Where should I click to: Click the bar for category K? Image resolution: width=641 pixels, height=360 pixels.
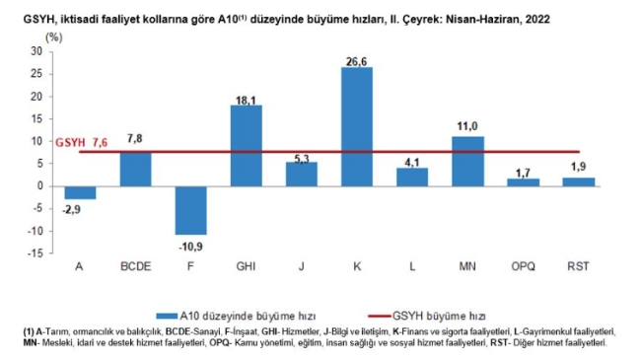click(357, 126)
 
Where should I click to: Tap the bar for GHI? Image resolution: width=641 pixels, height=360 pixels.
click(246, 145)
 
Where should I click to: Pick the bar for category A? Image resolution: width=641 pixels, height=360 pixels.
click(80, 192)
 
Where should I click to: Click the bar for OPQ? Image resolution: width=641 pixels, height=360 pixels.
click(523, 182)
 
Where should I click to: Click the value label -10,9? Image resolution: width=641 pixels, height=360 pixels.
click(190, 244)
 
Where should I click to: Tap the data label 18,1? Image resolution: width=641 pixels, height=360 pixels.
click(246, 97)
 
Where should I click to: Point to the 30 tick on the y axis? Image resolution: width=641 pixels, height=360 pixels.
click(36, 50)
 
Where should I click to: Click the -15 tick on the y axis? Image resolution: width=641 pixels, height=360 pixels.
click(35, 253)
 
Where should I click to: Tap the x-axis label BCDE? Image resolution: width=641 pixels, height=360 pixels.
click(135, 267)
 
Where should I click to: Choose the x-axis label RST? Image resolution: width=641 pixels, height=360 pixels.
click(578, 267)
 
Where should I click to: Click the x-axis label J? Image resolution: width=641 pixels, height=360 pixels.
click(302, 267)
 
